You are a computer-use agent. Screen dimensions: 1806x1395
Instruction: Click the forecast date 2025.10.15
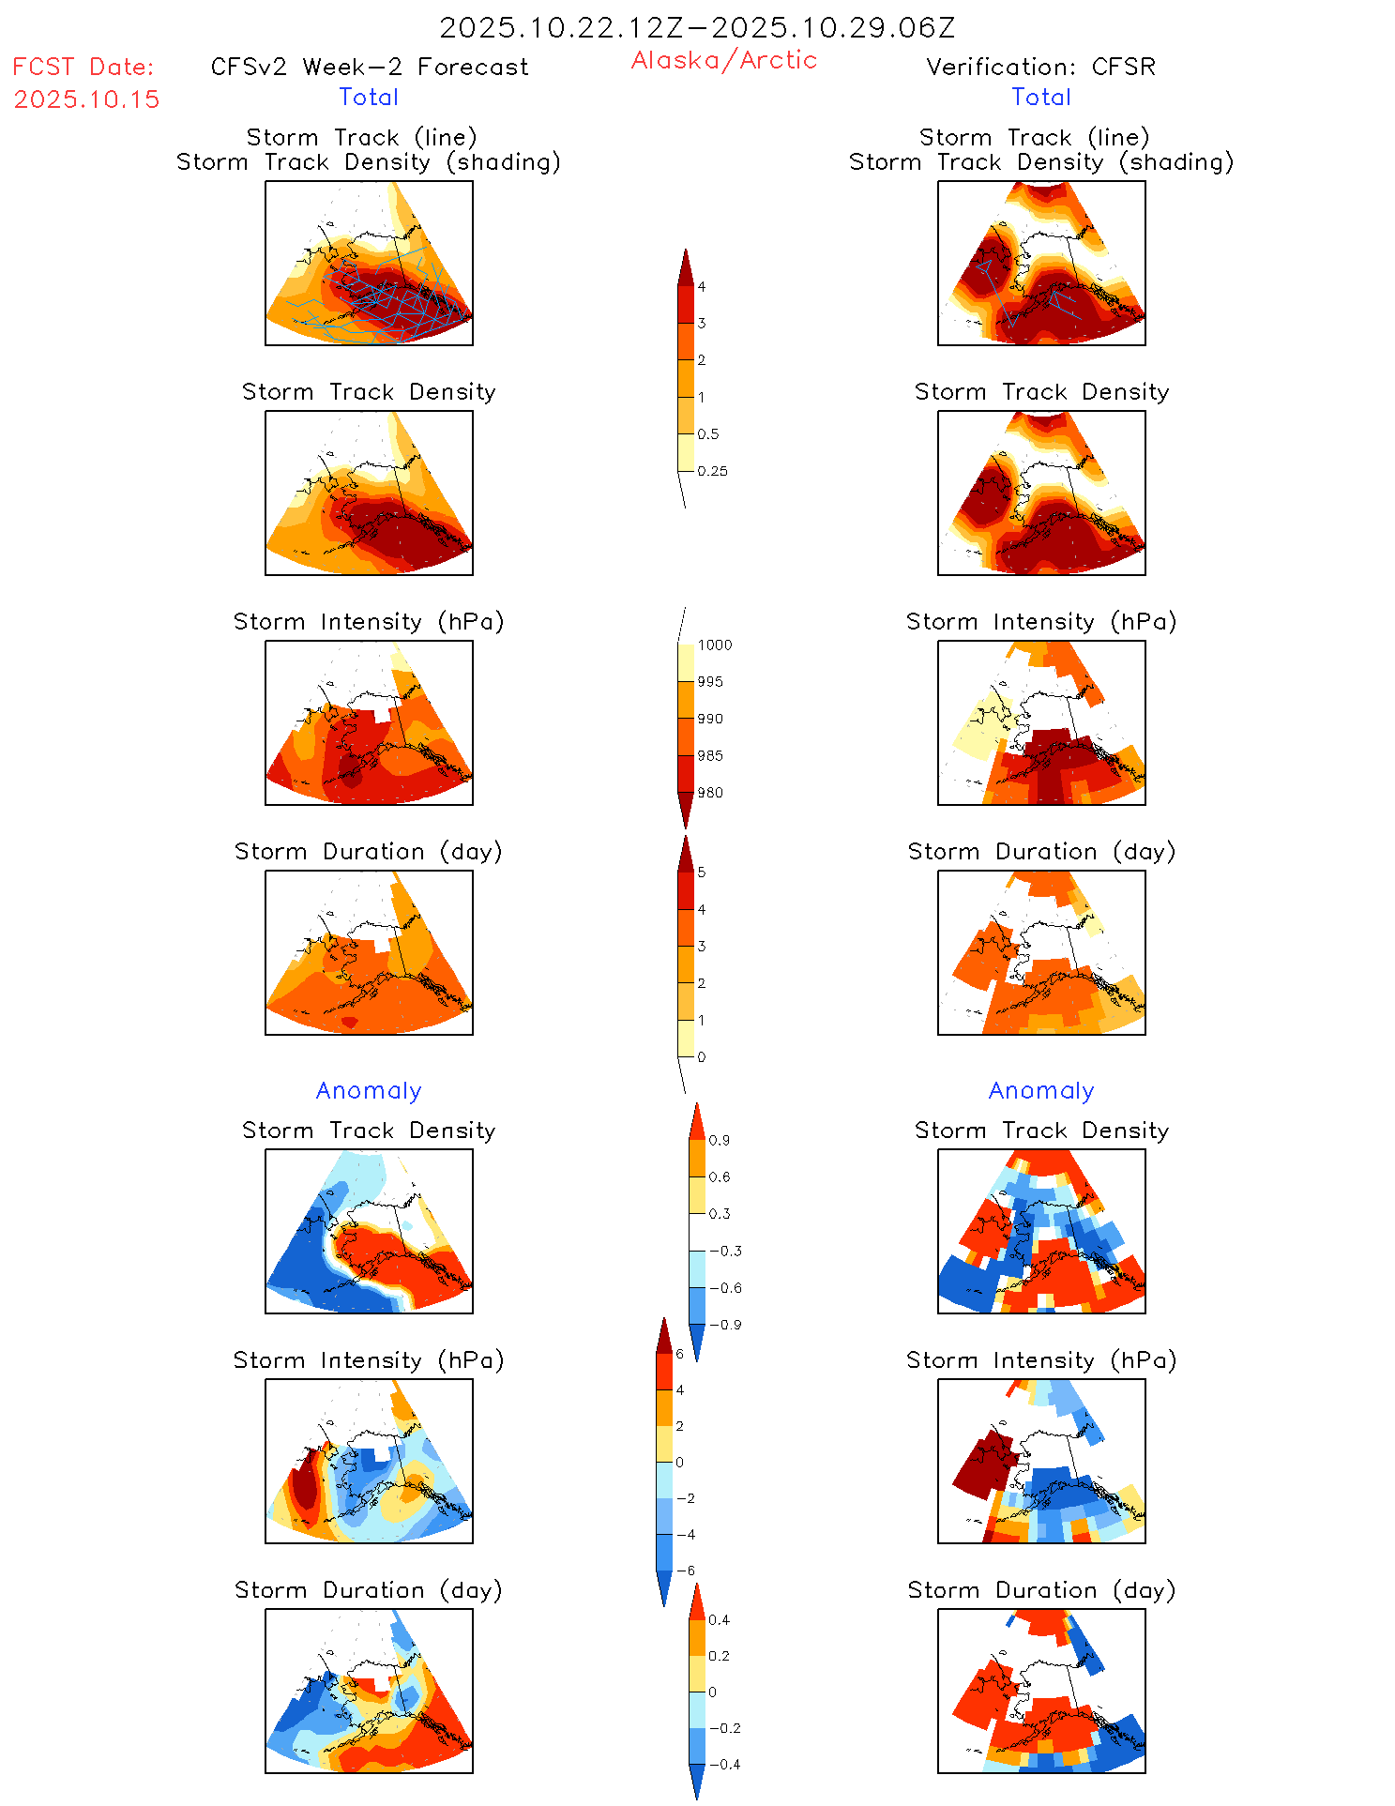click(86, 99)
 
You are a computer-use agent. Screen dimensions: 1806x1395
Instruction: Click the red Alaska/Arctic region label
click(723, 60)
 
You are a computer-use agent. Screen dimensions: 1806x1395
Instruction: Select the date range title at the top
click(697, 27)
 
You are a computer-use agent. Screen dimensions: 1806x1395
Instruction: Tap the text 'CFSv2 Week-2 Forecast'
click(370, 67)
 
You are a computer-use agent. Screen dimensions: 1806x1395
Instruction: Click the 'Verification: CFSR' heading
click(1040, 67)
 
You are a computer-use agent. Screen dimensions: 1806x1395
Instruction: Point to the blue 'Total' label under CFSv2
click(369, 97)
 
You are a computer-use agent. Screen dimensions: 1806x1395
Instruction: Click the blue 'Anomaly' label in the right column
click(1041, 1090)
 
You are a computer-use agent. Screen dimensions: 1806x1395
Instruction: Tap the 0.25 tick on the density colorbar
click(712, 471)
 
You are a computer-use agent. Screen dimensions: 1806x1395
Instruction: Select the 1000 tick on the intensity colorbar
click(714, 645)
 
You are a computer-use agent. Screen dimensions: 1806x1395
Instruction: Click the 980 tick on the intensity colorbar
click(710, 793)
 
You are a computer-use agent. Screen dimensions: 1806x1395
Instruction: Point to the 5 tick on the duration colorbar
click(701, 873)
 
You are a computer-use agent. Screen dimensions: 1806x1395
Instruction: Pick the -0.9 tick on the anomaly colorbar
click(724, 1325)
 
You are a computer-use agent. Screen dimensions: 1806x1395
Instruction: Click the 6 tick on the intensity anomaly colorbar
click(679, 1354)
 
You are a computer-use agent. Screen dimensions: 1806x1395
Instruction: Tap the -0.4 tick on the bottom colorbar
click(723, 1764)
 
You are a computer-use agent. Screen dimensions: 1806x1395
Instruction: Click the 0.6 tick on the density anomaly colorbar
click(719, 1176)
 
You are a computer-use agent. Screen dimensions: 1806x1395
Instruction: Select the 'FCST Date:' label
click(83, 67)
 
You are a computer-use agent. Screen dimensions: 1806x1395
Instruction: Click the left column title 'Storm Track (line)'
click(361, 137)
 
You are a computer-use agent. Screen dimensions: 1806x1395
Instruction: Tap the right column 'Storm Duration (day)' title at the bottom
click(1041, 1590)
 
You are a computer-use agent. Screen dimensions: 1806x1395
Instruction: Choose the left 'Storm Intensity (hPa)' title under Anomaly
click(369, 1360)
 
